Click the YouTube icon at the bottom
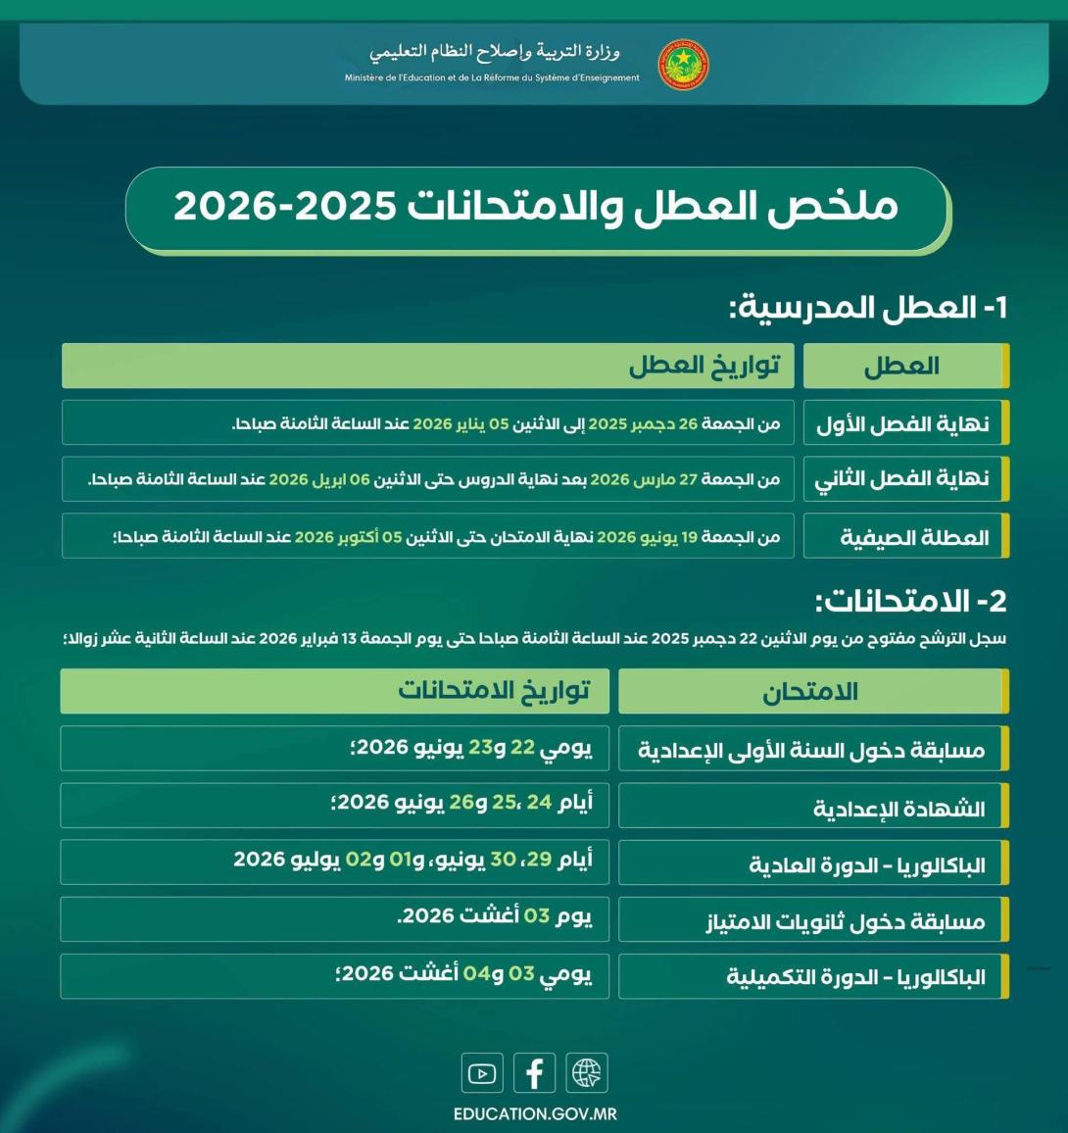click(482, 1073)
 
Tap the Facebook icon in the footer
click(534, 1073)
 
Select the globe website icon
click(586, 1073)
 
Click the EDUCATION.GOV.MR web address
click(535, 1114)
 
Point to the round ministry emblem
click(683, 65)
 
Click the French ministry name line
click(492, 78)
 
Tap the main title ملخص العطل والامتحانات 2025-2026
click(536, 208)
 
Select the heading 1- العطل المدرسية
click(868, 308)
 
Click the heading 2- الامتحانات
click(911, 601)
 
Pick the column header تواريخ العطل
click(704, 366)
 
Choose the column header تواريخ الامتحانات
click(494, 691)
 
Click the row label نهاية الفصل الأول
click(902, 424)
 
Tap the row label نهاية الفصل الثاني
click(901, 479)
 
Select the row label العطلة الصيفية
click(914, 537)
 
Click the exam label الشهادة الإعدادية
click(898, 809)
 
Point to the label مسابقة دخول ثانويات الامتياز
click(846, 921)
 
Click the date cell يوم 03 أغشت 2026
click(495, 917)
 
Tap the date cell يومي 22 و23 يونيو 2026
click(471, 748)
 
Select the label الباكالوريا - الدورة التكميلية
click(855, 977)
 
